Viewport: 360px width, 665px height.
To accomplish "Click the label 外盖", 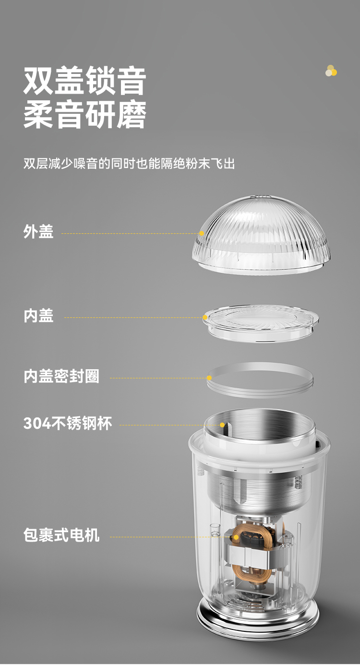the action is [x=38, y=231].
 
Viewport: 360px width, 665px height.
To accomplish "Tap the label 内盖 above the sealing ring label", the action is [x=38, y=315].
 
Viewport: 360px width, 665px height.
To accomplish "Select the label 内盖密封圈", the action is [x=61, y=376].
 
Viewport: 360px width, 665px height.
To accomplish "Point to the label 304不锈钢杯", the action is [x=68, y=423].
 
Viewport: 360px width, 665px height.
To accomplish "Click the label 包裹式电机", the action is [x=61, y=535].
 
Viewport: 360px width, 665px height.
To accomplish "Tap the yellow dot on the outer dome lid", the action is [x=202, y=233].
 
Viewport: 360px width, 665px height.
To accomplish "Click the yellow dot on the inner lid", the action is [x=205, y=317].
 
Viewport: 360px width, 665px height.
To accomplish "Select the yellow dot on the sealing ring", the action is [x=209, y=378].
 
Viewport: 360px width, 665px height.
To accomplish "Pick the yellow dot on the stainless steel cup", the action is [x=222, y=425].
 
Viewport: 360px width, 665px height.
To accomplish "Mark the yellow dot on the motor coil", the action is [x=236, y=537].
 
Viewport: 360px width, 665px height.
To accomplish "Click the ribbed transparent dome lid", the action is [x=261, y=234].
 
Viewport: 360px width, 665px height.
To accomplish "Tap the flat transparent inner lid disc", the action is [x=261, y=324].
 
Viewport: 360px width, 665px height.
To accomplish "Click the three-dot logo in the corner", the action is [x=331, y=71].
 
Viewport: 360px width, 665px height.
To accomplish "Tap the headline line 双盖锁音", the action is [x=85, y=81].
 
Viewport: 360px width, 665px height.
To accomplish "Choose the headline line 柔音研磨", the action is [x=85, y=115].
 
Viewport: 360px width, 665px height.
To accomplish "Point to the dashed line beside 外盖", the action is [x=130, y=234].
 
